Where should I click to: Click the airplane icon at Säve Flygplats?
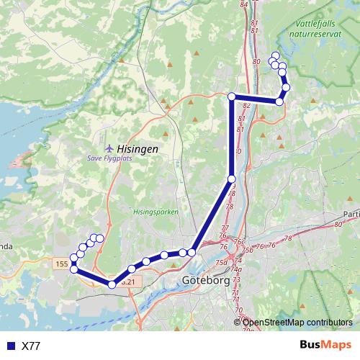109,148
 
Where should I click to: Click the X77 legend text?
31,346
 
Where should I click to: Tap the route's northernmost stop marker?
275,56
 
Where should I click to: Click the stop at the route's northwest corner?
232,96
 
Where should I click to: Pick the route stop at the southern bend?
112,284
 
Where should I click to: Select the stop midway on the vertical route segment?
231,179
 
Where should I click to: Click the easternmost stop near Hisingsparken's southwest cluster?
100,238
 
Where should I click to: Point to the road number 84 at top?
243,4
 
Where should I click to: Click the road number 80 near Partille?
338,225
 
